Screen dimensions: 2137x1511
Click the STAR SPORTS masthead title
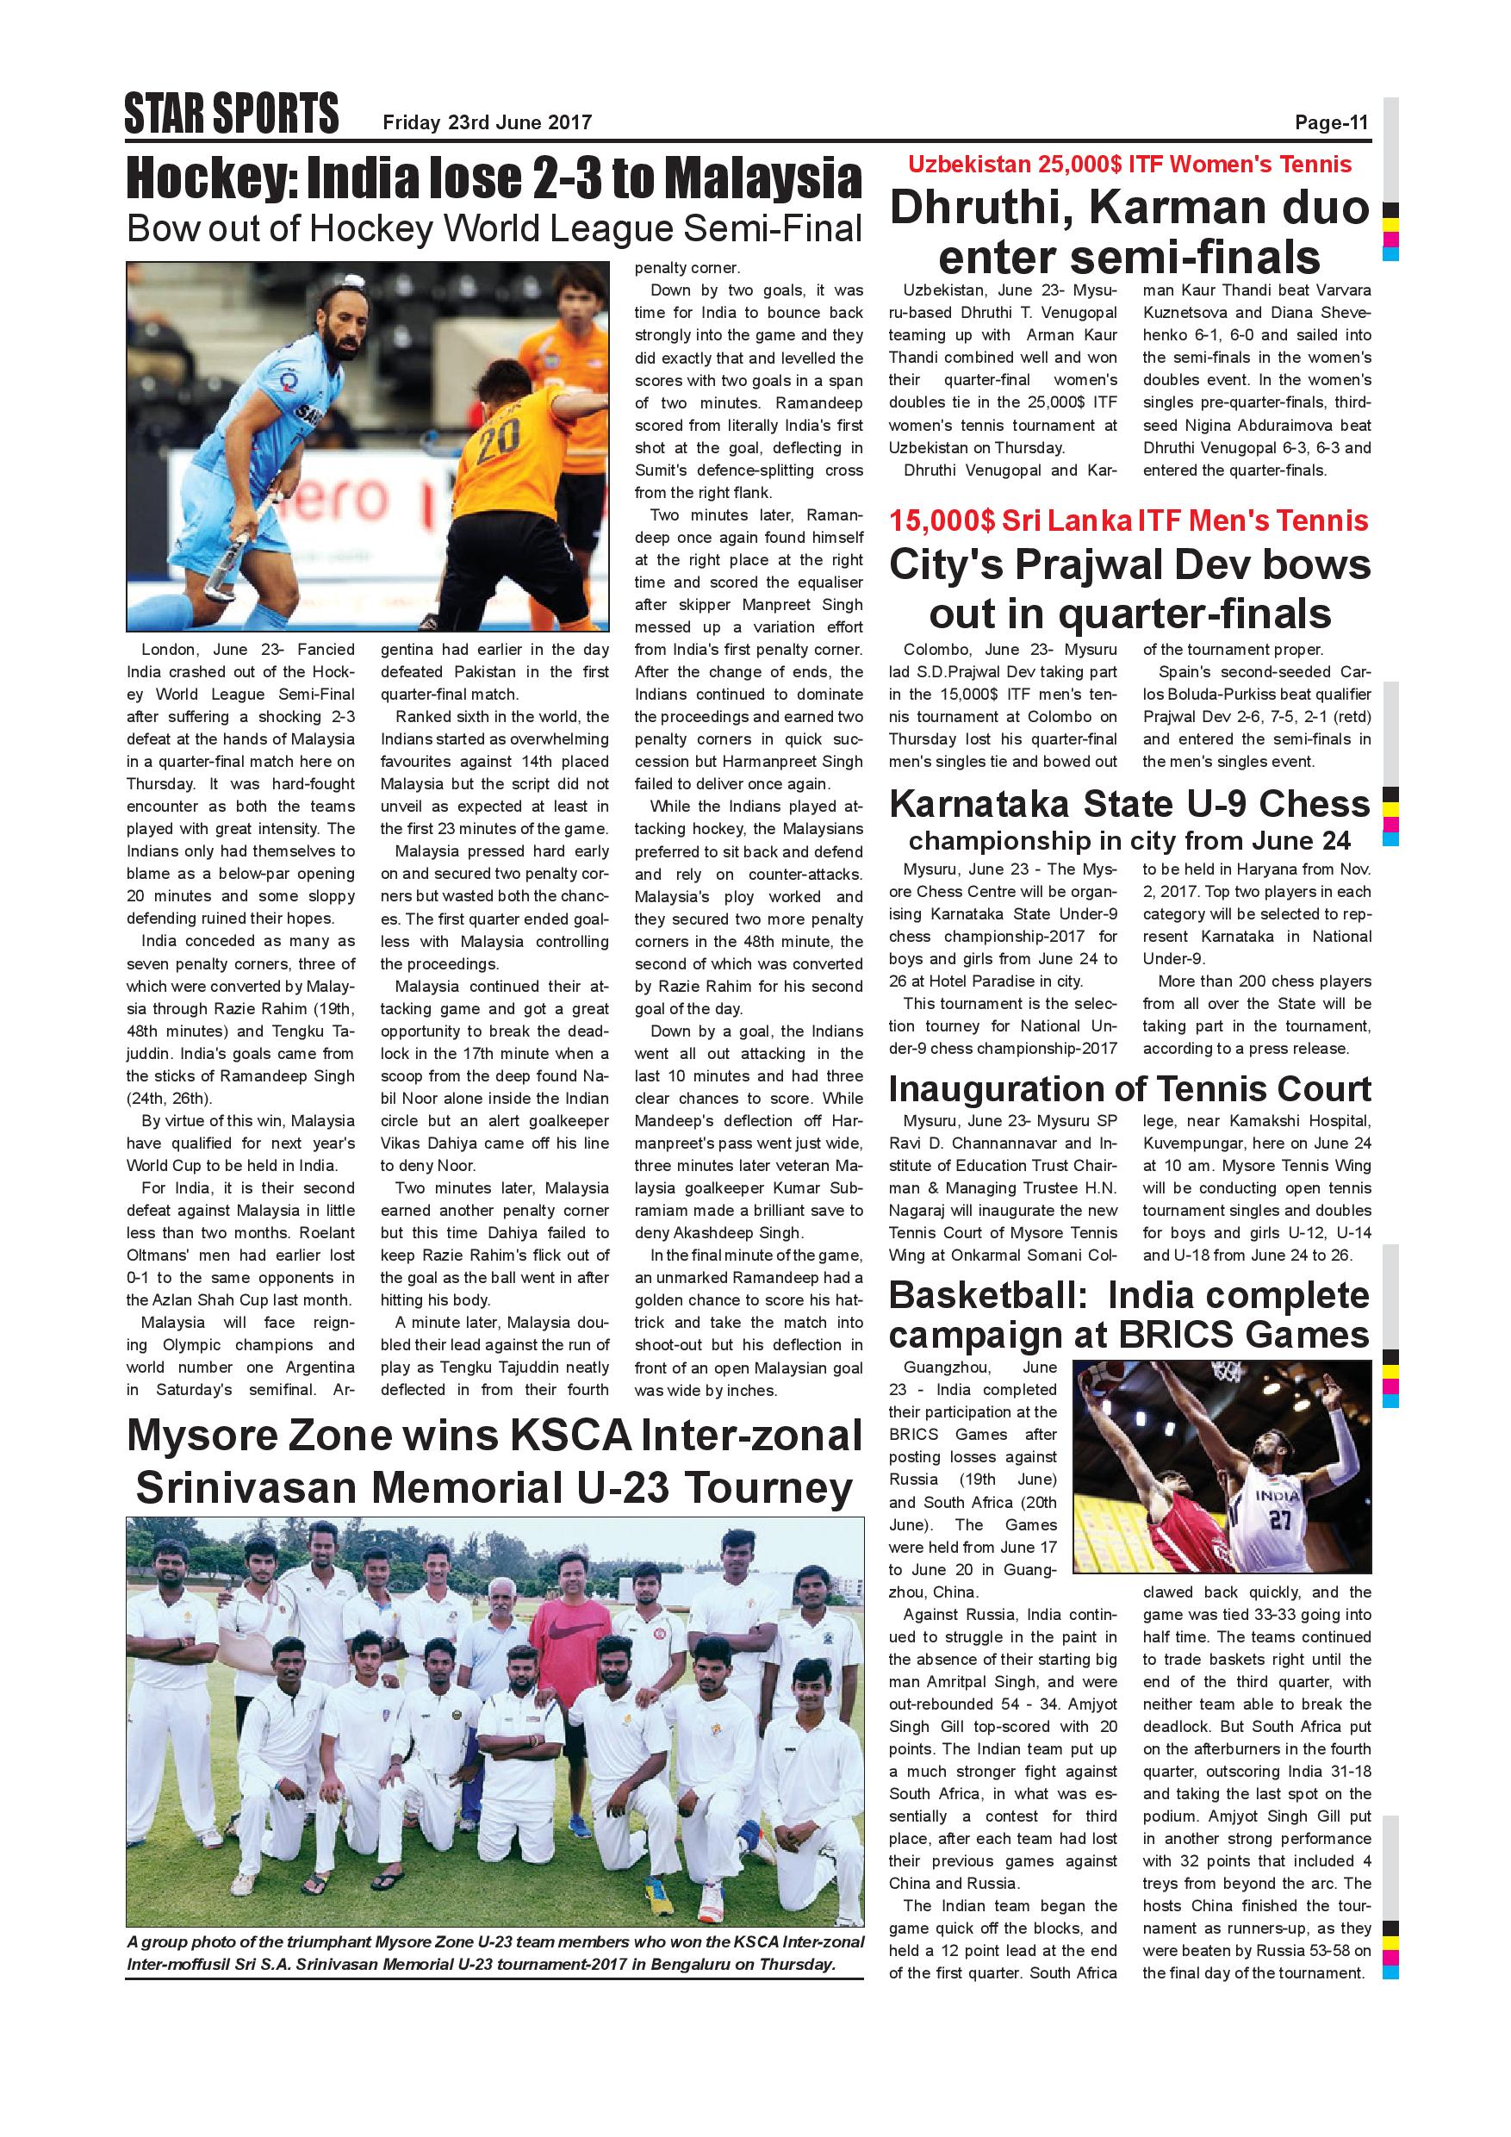tap(231, 115)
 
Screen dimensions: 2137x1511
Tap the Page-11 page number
tap(1332, 121)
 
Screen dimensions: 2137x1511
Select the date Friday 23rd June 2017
tap(487, 121)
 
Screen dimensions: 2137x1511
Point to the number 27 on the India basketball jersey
tap(1280, 1520)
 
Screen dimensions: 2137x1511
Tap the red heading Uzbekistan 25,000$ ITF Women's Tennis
tap(1129, 165)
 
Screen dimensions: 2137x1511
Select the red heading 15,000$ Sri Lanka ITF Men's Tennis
tap(1129, 520)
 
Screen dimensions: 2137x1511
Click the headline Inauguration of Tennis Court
tap(1129, 1088)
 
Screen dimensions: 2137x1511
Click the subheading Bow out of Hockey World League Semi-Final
tap(494, 229)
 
